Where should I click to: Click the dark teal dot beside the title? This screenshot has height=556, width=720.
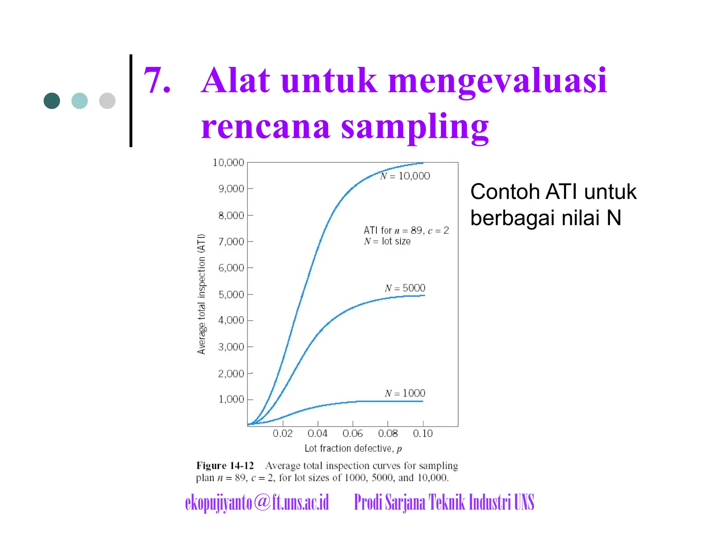52,101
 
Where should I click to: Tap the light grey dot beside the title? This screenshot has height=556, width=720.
107,101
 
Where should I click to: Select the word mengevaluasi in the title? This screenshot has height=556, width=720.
497,81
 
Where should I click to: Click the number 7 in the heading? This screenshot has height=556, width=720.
157,81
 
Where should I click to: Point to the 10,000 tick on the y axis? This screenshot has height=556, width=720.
229,162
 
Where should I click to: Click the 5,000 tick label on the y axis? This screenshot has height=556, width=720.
231,294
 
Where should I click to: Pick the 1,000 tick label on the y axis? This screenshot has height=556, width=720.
231,399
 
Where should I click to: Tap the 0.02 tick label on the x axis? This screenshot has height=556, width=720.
283,433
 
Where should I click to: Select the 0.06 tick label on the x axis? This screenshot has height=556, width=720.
353,433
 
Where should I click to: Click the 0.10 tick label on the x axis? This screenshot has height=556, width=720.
423,433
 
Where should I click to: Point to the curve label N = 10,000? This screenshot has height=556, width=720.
405,176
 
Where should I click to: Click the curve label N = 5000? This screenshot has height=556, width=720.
405,288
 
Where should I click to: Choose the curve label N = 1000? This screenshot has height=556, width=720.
405,393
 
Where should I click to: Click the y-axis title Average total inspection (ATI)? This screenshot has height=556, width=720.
201,294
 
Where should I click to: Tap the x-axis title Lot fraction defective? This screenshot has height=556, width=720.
353,448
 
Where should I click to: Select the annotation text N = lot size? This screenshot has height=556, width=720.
387,241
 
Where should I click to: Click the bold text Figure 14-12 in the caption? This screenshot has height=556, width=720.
225,466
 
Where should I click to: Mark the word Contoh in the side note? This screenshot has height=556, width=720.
505,192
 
